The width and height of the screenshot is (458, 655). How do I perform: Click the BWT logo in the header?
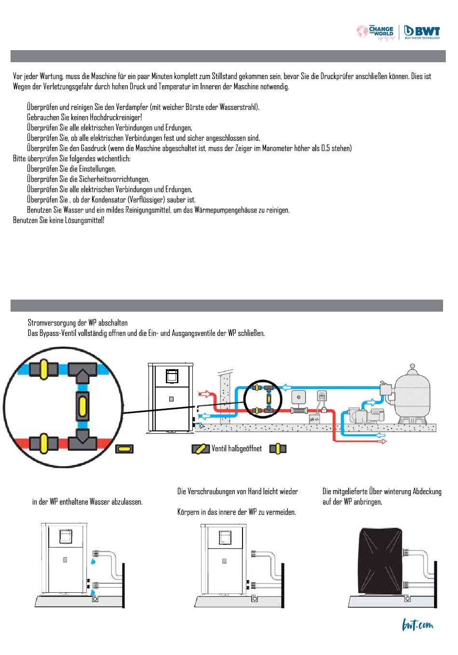[422, 32]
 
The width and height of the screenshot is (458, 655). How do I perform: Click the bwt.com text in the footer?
[418, 625]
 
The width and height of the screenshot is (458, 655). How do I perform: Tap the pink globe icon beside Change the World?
[362, 31]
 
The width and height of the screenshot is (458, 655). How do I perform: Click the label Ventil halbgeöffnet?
[236, 448]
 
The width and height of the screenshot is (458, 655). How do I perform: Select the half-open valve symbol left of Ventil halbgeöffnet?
[201, 449]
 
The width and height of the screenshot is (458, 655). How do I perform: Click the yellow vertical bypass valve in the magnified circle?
[82, 406]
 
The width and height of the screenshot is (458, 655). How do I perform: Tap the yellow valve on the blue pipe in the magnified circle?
[43, 369]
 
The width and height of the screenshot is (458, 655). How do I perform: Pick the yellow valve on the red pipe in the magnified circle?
[43, 443]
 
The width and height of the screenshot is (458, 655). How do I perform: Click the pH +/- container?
[315, 418]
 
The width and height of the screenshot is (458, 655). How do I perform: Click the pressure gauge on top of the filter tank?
[412, 366]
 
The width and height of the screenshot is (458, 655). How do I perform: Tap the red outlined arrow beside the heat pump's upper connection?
[204, 394]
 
